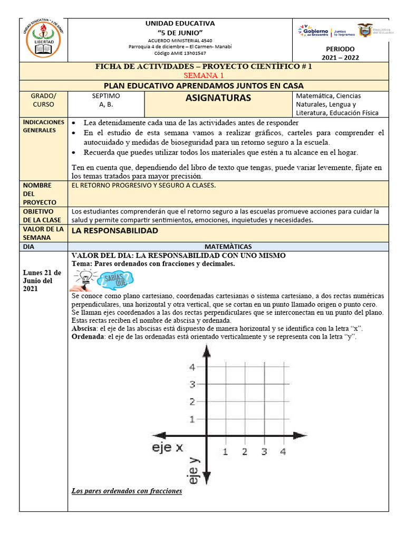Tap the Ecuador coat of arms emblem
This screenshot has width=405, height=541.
pyautogui.click(x=365, y=30)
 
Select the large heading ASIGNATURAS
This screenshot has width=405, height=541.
pyautogui.click(x=218, y=98)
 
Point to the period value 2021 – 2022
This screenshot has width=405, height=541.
pyautogui.click(x=344, y=57)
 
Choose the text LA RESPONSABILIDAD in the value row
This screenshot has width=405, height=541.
pyautogui.click(x=115, y=231)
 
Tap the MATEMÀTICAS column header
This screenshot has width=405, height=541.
pyautogui.click(x=228, y=246)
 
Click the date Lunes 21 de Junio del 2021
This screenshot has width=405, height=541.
pyautogui.click(x=42, y=281)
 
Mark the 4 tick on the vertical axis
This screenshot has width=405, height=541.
pyautogui.click(x=193, y=367)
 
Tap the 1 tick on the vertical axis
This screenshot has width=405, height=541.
pyautogui.click(x=193, y=419)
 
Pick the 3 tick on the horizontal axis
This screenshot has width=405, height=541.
pyautogui.click(x=264, y=452)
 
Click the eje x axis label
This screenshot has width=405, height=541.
pyautogui.click(x=166, y=447)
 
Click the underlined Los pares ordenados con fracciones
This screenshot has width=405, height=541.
pyautogui.click(x=127, y=491)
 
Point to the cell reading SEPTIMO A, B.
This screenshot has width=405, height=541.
pyautogui.click(x=106, y=100)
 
